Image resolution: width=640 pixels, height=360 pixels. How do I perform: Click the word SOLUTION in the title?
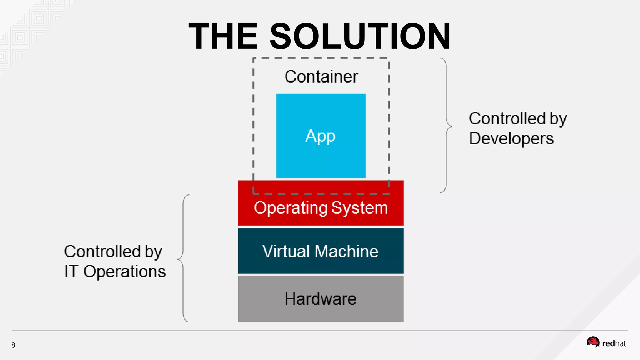tap(360, 37)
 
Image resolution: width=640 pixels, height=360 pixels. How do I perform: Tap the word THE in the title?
tap(223, 37)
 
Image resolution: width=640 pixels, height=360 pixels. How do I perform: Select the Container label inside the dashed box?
tap(321, 77)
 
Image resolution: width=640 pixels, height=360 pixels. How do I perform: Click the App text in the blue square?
tap(320, 136)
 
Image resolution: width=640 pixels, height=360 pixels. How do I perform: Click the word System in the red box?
tap(359, 208)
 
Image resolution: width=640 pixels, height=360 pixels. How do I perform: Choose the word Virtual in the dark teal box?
tap(286, 251)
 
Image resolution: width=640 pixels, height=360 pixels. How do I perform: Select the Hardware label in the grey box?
tap(320, 299)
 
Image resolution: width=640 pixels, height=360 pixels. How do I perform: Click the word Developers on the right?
tap(511, 138)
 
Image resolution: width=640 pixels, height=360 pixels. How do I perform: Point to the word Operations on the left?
tap(124, 271)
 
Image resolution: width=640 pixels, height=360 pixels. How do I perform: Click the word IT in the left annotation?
tap(71, 271)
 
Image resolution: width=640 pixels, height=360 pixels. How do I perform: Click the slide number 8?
tap(13, 345)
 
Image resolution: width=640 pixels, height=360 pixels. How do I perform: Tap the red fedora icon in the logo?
tap(593, 342)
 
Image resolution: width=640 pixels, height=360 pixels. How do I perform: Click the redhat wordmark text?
tap(614, 344)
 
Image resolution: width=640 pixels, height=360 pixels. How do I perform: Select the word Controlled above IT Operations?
tap(102, 252)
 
